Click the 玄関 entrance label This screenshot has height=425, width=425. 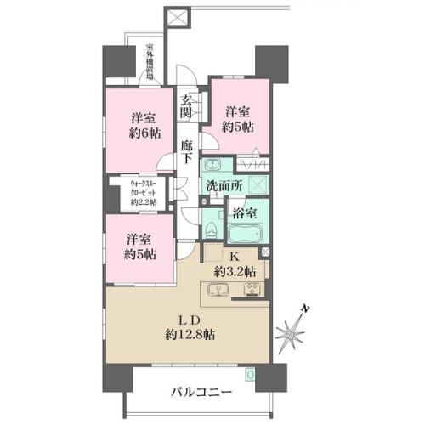[x=186, y=106]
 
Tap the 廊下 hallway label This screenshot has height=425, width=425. [x=187, y=152]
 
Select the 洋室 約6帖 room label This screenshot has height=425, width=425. [x=145, y=126]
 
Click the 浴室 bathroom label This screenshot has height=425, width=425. [x=245, y=213]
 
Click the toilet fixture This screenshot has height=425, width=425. [x=210, y=230]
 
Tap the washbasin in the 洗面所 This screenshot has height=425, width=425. [x=212, y=165]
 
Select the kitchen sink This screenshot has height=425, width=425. [x=218, y=290]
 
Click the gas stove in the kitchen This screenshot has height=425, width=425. [x=253, y=290]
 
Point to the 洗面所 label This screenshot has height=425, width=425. [x=224, y=186]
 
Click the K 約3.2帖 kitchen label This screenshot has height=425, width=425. [x=235, y=264]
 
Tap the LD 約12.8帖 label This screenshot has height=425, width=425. [x=190, y=328]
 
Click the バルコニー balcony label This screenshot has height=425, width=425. [x=201, y=393]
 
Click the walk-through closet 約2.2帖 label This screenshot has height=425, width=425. [x=144, y=193]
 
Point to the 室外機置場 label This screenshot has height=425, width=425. [x=150, y=61]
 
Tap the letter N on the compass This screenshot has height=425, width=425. [x=304, y=309]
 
